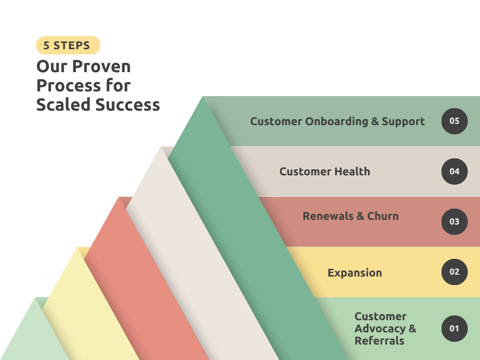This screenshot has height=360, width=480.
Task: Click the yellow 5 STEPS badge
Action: pyautogui.click(x=68, y=45)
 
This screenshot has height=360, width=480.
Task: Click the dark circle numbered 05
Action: pyautogui.click(x=454, y=121)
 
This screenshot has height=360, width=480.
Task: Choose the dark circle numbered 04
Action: pyautogui.click(x=454, y=172)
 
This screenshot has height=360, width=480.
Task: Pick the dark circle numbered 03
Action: pyautogui.click(x=454, y=222)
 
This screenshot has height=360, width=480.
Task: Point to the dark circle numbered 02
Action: pyautogui.click(x=454, y=272)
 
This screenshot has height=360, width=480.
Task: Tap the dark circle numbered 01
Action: pyautogui.click(x=454, y=328)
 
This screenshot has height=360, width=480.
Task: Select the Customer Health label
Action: pyautogui.click(x=324, y=172)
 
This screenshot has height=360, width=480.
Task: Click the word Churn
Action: pyautogui.click(x=383, y=216)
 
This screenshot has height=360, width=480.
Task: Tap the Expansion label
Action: pyautogui.click(x=354, y=273)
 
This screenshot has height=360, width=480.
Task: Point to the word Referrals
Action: pyautogui.click(x=379, y=341)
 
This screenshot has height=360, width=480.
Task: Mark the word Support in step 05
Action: pyautogui.click(x=403, y=121)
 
